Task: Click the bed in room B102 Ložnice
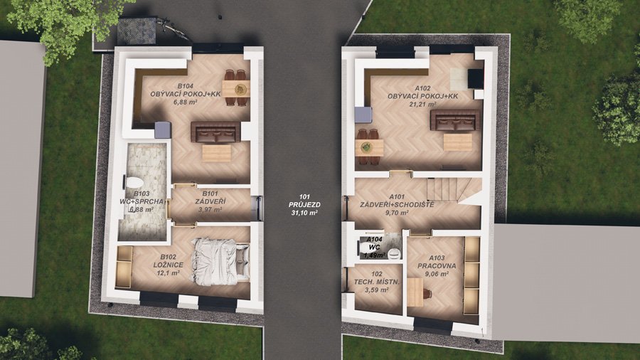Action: point(220,262)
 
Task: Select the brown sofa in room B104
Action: point(215,132)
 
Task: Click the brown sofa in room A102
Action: point(454,120)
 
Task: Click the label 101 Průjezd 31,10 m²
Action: point(304,205)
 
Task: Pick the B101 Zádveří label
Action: point(210,201)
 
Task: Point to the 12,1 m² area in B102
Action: point(168,273)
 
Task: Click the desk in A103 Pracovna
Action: point(415,292)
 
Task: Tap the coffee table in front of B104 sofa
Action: point(217,153)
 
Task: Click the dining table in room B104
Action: point(236,88)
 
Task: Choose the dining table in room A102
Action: point(369,147)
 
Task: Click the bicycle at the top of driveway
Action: point(174,28)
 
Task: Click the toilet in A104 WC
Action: point(393,253)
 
